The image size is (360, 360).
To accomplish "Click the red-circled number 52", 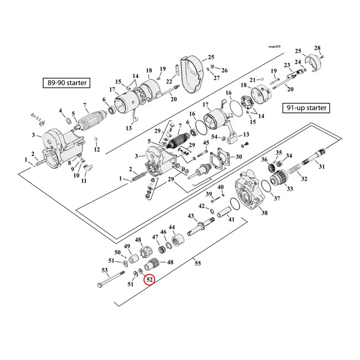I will (150, 280).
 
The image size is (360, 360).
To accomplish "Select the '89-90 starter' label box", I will (68, 84).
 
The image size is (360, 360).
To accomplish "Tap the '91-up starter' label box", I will (306, 107).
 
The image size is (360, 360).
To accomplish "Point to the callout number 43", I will (191, 216).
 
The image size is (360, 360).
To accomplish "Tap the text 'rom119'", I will (275, 47).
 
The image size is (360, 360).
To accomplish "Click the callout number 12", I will (96, 150).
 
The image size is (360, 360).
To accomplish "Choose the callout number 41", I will (231, 219).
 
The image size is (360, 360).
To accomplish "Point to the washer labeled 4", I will (67, 120).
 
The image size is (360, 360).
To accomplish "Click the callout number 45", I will (206, 143).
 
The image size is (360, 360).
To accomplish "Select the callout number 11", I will (84, 181).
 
